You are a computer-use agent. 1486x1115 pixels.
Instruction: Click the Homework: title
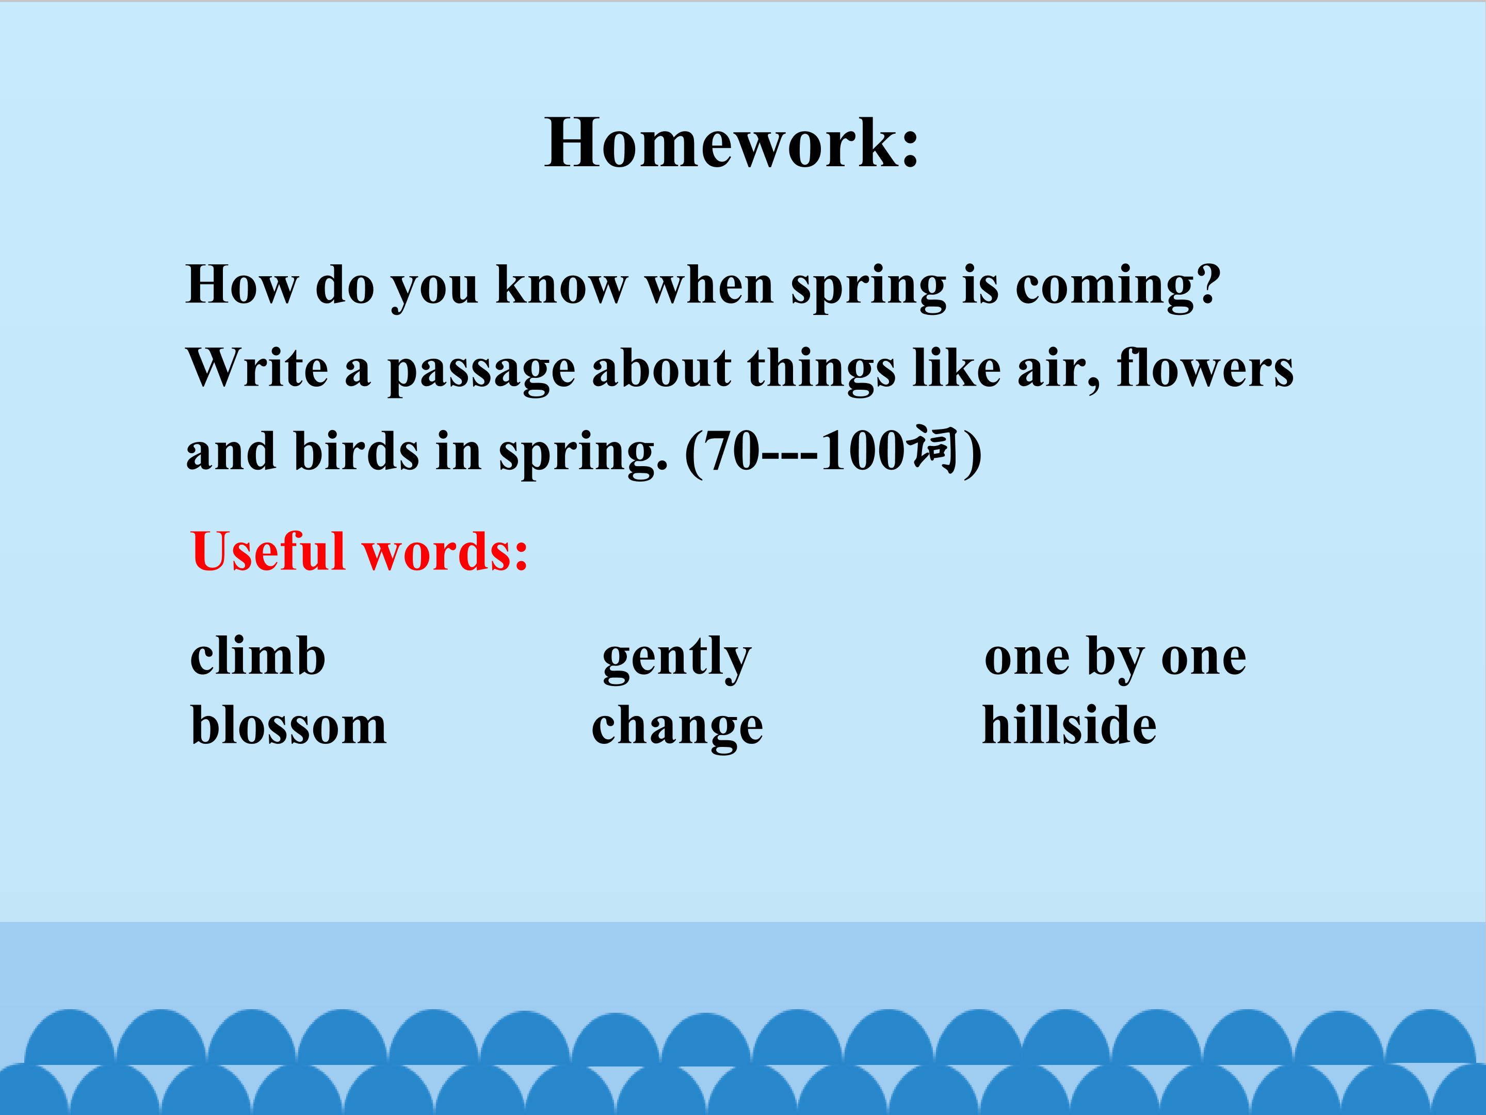click(x=732, y=142)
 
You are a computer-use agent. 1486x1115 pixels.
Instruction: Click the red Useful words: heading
click(x=360, y=551)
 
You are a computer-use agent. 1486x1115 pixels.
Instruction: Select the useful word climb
click(x=258, y=656)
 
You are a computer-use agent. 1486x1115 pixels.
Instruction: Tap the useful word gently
click(x=676, y=659)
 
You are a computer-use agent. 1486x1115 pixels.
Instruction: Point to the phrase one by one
click(x=1115, y=659)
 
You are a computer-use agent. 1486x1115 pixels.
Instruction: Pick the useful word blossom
click(x=289, y=725)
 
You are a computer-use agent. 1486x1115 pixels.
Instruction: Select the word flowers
click(x=1204, y=369)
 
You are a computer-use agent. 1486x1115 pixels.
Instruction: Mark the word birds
click(x=357, y=451)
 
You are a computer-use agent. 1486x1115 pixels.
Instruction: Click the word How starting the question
click(x=241, y=285)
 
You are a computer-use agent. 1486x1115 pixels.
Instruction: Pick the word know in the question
click(x=561, y=285)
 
